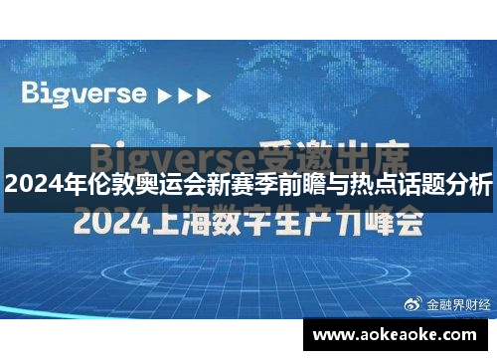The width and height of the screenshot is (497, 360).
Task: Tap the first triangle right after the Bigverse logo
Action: pos(164,96)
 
